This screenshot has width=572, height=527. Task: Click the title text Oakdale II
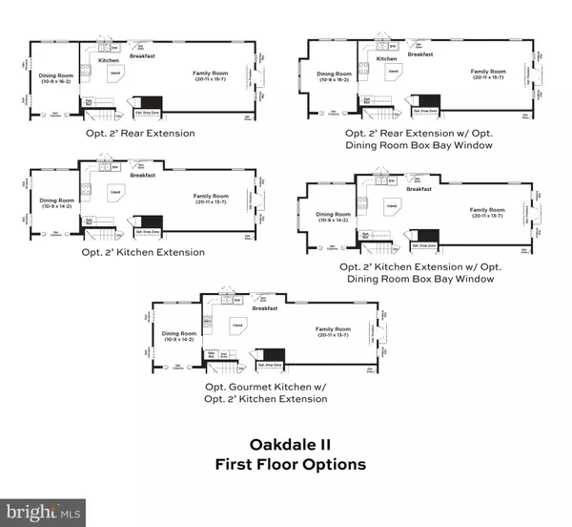(286, 445)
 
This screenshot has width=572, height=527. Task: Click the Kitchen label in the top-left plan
(109, 60)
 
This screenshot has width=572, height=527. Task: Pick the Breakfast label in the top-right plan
(421, 54)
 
